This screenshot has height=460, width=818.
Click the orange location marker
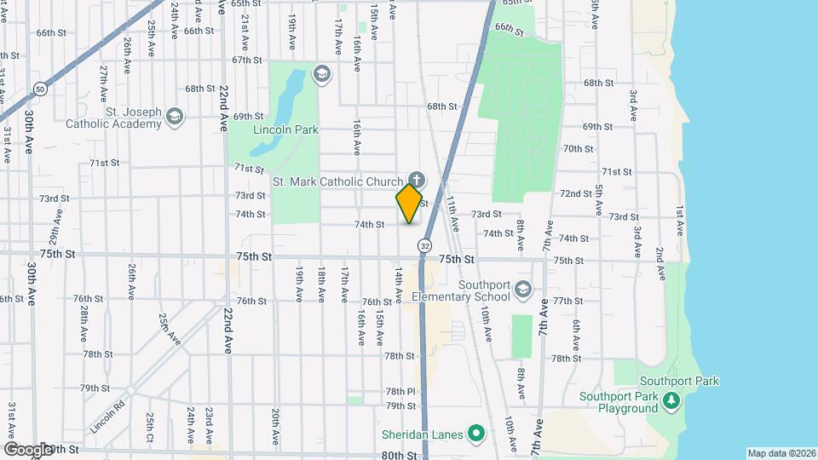tap(409, 203)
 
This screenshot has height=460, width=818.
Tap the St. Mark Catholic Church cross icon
tap(416, 179)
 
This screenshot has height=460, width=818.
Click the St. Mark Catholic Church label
tap(337, 181)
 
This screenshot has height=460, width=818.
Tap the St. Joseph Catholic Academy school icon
tap(175, 117)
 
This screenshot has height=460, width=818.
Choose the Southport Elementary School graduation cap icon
tap(523, 290)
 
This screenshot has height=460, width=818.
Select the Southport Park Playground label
tap(619, 402)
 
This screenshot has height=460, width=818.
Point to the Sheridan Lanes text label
tap(422, 434)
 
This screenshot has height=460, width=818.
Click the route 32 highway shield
tap(423, 245)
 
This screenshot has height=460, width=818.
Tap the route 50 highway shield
tap(40, 88)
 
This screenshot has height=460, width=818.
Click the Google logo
tap(29, 449)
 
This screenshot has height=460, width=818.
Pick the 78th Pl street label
tap(399, 391)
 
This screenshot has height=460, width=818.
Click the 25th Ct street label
tap(150, 423)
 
